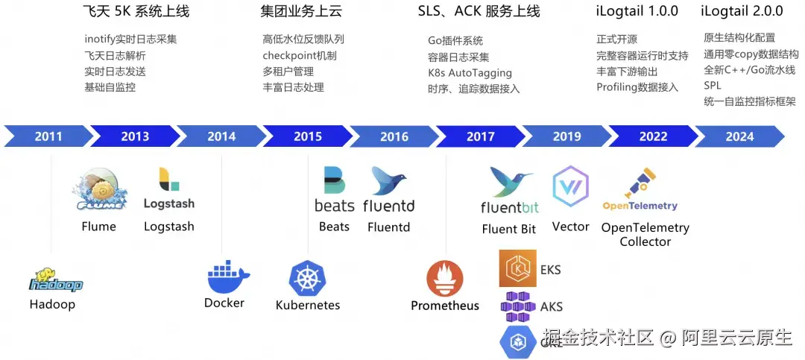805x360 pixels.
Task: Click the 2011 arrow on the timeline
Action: click(48, 136)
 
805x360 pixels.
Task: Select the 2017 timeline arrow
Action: click(481, 136)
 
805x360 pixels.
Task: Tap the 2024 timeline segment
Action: click(739, 136)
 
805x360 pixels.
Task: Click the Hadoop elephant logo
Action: click(55, 280)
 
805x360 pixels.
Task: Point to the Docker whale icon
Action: click(227, 278)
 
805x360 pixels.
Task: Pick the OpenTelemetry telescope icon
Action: click(640, 183)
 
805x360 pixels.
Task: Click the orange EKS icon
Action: click(517, 268)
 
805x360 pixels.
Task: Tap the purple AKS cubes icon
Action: click(517, 306)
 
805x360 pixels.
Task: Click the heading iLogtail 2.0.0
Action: click(742, 11)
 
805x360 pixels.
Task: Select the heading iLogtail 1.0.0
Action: click(637, 11)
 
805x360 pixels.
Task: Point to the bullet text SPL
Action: click(712, 86)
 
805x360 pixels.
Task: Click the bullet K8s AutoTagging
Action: click(470, 73)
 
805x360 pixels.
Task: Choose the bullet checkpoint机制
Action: click(299, 56)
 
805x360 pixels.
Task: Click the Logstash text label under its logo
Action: click(169, 227)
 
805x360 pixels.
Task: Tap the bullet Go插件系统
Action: click(455, 41)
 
